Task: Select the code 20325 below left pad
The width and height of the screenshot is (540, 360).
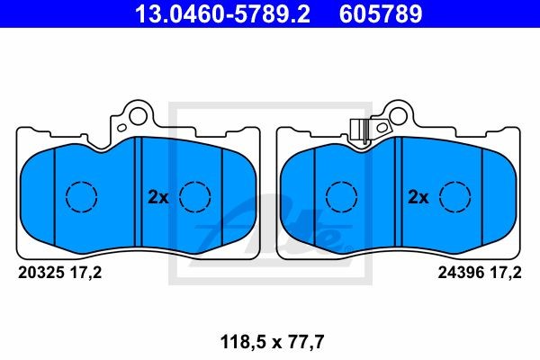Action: tap(40, 274)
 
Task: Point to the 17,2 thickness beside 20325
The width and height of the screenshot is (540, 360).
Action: tap(86, 274)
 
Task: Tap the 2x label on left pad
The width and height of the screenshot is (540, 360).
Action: tap(157, 196)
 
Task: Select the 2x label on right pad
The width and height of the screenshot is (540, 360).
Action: tap(418, 196)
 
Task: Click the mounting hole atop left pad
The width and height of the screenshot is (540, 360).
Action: tap(137, 114)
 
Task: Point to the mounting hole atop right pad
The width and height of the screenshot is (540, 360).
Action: tap(396, 115)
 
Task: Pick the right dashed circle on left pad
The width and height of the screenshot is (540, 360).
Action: tap(193, 196)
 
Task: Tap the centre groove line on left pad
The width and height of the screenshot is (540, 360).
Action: tap(138, 193)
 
